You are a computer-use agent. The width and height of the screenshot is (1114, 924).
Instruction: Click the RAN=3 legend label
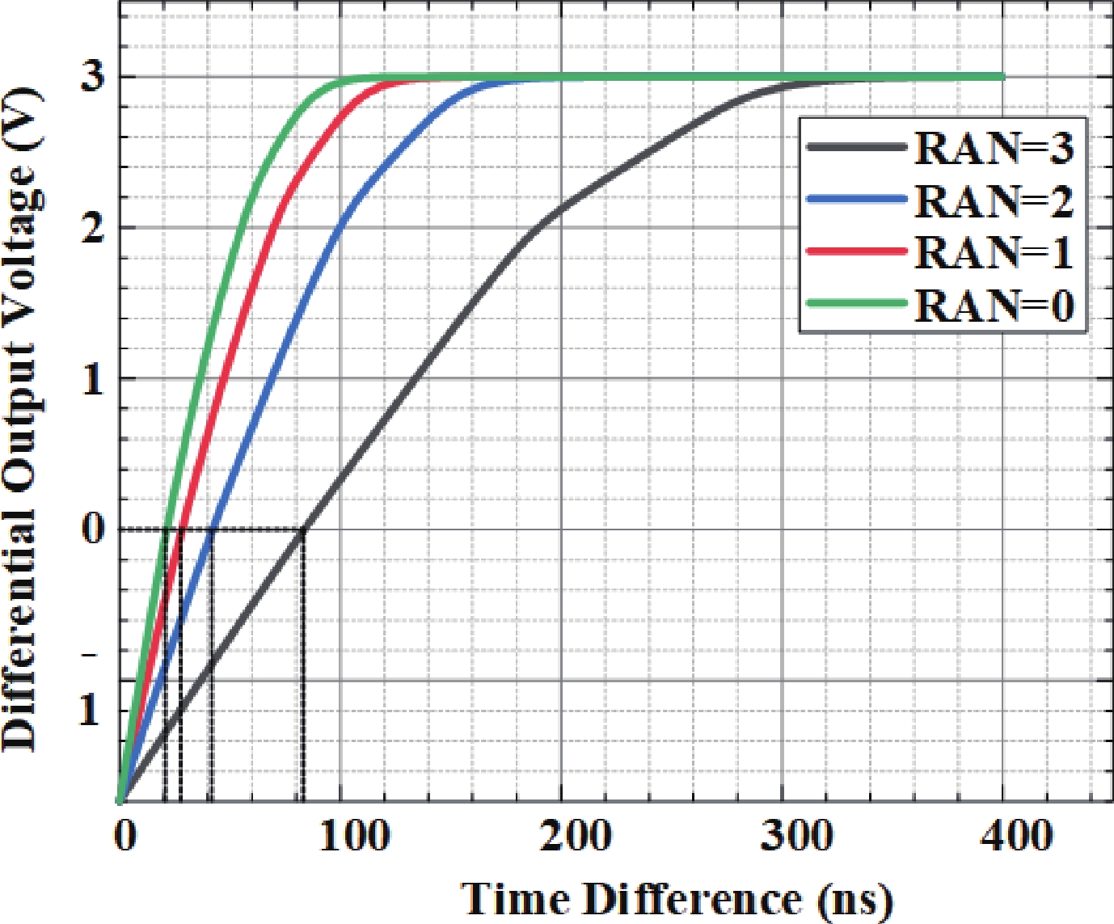[994, 148]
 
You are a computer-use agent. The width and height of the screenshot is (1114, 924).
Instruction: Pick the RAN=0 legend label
[994, 305]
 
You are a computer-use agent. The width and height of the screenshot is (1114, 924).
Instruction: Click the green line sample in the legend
[857, 303]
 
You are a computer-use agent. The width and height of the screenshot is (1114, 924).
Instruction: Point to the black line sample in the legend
[857, 147]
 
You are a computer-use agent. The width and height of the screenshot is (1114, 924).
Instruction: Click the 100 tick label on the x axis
[353, 836]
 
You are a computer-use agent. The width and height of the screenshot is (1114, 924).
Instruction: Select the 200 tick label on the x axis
[576, 836]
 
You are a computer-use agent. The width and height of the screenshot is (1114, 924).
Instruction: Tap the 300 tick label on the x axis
[796, 836]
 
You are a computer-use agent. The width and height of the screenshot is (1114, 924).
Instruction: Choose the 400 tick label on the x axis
[1017, 836]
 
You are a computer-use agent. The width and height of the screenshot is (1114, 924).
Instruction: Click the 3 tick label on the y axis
[95, 77]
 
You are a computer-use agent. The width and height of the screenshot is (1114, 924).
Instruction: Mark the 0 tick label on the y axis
[95, 530]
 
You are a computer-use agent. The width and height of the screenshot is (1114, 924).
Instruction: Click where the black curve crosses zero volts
[304, 530]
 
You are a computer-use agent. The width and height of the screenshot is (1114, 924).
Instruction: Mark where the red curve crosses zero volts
[181, 530]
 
